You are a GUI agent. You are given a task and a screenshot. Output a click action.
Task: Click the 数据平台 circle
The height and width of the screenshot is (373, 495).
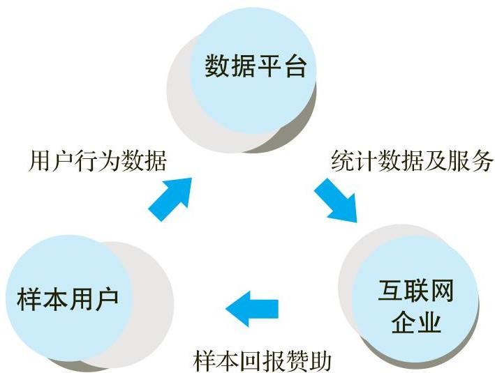coord(256,67)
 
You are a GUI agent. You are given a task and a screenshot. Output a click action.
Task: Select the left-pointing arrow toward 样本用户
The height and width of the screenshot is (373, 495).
coord(252,306)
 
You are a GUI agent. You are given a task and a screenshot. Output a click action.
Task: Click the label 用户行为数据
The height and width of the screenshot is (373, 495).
coord(98,161)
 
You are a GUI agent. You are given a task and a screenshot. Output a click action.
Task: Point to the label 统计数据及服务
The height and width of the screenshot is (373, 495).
coord(412,161)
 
